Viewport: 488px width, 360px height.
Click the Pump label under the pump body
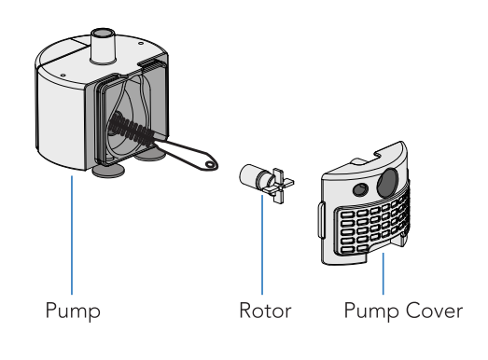[x=73, y=311]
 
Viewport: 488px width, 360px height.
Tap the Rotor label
[x=265, y=311]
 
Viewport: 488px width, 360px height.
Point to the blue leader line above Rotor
[x=262, y=244]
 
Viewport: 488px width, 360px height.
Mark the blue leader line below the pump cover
[x=383, y=273]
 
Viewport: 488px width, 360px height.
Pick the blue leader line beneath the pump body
[x=72, y=235]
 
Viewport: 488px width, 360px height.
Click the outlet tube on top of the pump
[x=103, y=47]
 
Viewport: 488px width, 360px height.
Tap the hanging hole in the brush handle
[x=210, y=164]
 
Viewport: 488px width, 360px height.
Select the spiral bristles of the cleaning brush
[x=133, y=131]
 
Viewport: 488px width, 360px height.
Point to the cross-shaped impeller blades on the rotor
[x=278, y=186]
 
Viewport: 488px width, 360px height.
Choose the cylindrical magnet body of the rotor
[x=252, y=175]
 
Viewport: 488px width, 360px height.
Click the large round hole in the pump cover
[x=387, y=183]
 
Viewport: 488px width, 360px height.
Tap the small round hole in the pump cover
[x=360, y=189]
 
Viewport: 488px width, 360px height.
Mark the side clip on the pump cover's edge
[x=321, y=220]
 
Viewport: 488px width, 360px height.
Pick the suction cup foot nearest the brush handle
[x=148, y=155]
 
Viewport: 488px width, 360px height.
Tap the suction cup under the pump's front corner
[x=108, y=171]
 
